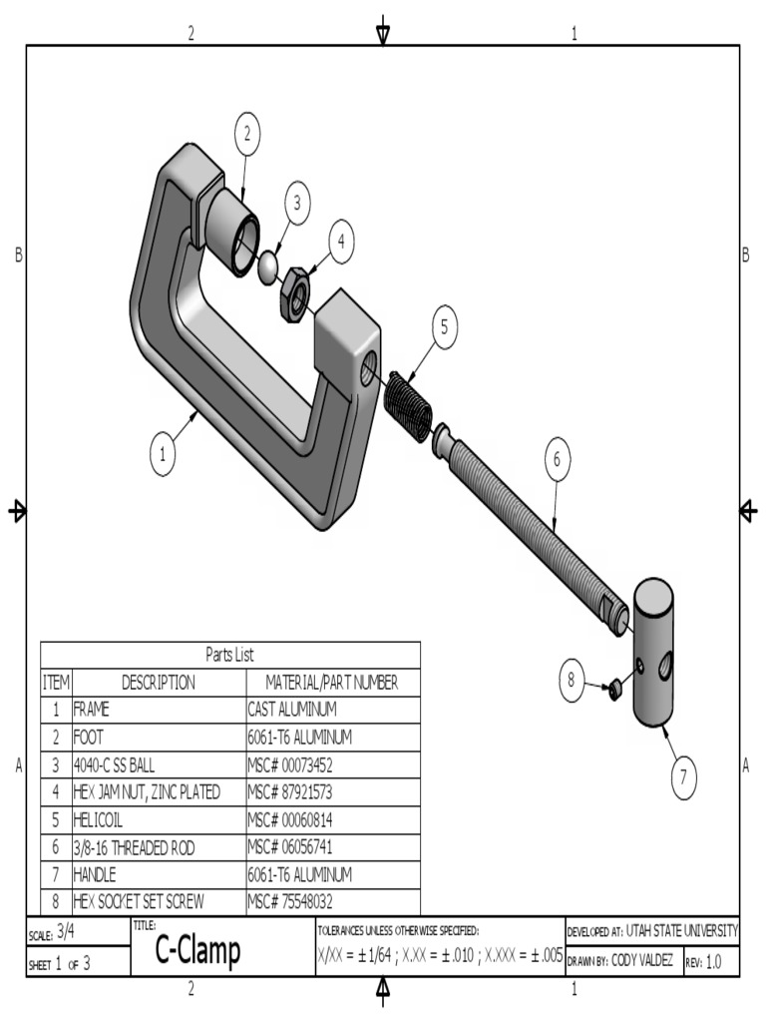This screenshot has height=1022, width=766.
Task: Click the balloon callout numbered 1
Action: (x=163, y=455)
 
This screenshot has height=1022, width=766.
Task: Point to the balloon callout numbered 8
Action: (x=572, y=681)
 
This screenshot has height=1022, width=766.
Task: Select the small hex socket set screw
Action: (x=615, y=688)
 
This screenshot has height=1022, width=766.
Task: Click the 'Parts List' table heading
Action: (x=229, y=656)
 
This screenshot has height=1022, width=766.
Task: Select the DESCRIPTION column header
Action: (x=159, y=683)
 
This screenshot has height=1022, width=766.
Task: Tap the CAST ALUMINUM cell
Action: (x=292, y=710)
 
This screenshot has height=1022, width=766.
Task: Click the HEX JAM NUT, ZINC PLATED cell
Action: (x=147, y=791)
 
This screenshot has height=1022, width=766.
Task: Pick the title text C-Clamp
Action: (x=197, y=952)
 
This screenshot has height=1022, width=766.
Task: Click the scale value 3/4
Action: (x=65, y=932)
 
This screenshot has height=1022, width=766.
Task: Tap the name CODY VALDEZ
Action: (x=640, y=961)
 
